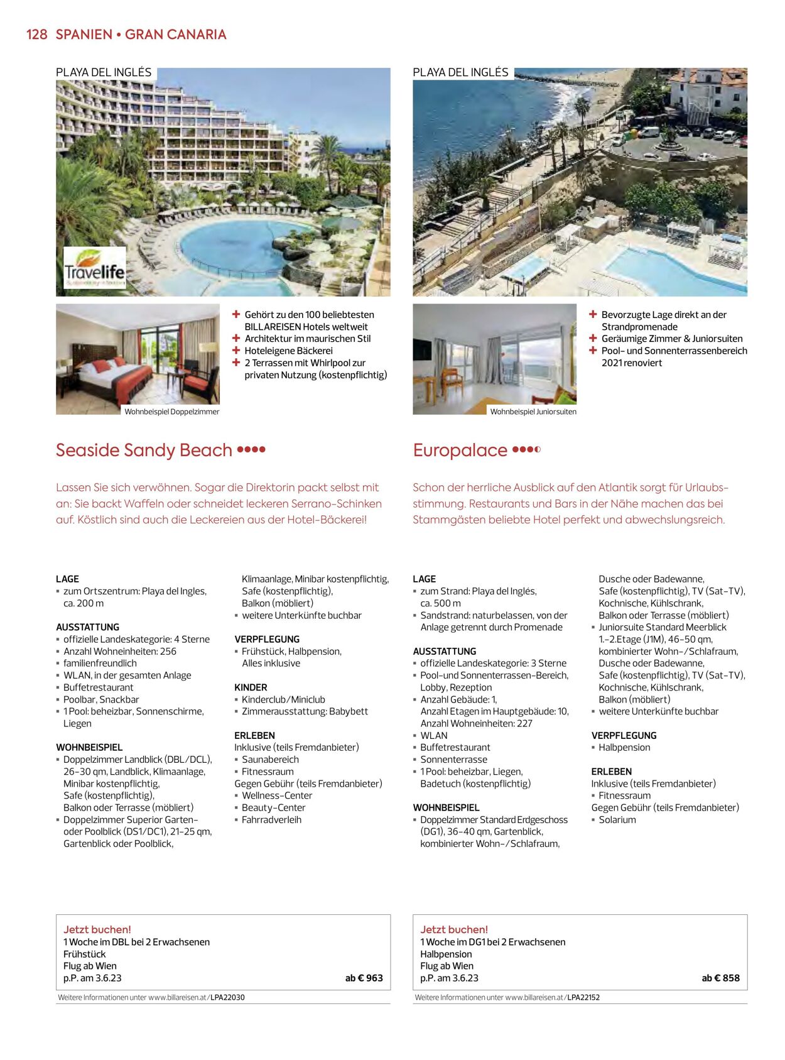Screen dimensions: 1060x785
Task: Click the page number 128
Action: click(x=36, y=35)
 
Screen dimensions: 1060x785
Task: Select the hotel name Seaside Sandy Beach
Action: click(x=144, y=451)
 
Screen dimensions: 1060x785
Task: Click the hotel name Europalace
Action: click(x=460, y=451)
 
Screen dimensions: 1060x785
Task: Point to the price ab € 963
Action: click(x=364, y=978)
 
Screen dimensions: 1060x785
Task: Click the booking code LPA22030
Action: click(x=227, y=997)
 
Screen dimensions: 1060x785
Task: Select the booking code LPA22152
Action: click(x=583, y=997)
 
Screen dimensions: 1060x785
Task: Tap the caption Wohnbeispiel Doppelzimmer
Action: click(x=171, y=412)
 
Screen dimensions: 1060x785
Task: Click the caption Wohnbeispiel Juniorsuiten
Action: click(x=533, y=412)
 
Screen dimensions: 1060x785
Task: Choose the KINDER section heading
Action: click(x=251, y=687)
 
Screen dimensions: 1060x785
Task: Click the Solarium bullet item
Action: click(x=617, y=820)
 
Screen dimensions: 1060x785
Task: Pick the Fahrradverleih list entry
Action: click(x=271, y=820)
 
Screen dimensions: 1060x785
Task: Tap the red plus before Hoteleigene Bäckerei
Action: click(x=236, y=351)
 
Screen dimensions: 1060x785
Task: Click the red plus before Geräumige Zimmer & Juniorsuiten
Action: click(x=593, y=339)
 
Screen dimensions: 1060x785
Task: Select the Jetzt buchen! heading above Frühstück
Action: click(x=97, y=930)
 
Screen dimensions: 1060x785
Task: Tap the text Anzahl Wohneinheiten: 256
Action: click(x=120, y=652)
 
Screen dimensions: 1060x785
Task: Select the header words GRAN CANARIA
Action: click(x=175, y=35)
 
